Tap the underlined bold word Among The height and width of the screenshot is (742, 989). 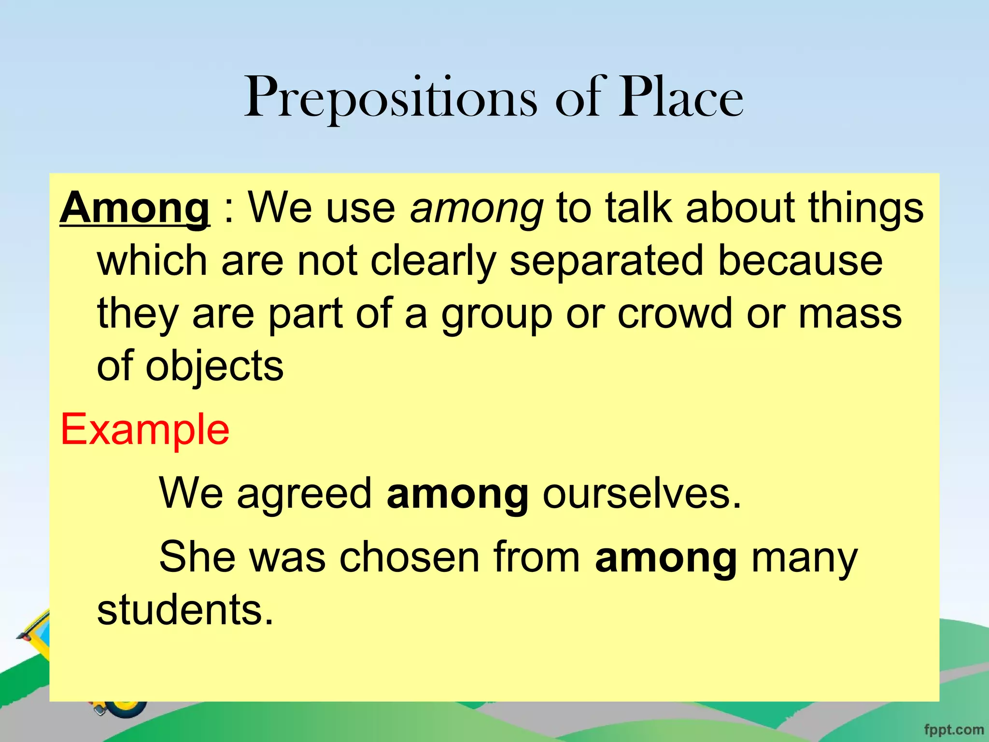(135, 209)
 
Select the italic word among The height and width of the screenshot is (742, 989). (477, 209)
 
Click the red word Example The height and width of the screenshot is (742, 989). (145, 430)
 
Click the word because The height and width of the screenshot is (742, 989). (800, 261)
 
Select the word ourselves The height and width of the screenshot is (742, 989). (642, 494)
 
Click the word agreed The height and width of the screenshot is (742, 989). (304, 494)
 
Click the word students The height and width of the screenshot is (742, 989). (185, 610)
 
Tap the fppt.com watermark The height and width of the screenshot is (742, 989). (954, 729)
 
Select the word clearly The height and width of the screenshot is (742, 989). (433, 261)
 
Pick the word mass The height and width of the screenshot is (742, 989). (850, 314)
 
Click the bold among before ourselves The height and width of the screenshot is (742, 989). (457, 494)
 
